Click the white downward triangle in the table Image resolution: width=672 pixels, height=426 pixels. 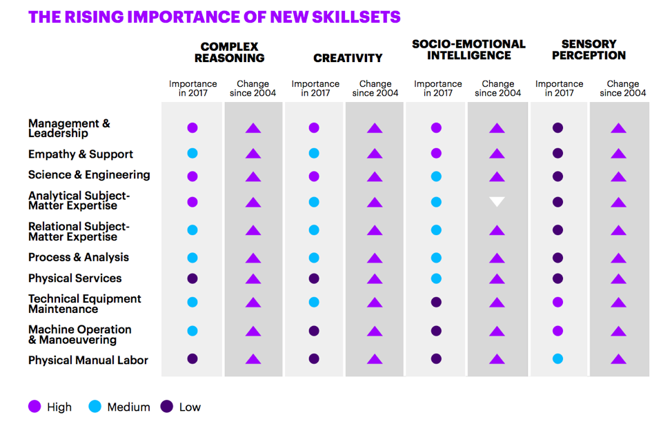(x=497, y=202)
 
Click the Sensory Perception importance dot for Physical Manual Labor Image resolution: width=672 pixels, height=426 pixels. (x=557, y=358)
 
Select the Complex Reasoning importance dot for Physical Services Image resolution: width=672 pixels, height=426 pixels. (x=192, y=278)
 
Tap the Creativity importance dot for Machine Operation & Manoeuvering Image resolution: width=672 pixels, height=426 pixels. (x=314, y=331)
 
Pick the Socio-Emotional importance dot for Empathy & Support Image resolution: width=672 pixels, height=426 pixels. (x=436, y=153)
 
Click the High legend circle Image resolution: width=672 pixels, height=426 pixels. (x=34, y=407)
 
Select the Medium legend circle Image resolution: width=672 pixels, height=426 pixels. (x=95, y=407)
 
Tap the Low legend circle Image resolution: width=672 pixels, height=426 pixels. (x=167, y=407)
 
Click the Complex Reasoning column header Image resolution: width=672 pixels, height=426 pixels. (x=229, y=52)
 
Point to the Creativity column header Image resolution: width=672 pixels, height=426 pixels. (x=348, y=59)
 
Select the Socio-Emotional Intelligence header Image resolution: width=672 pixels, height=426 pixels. (x=468, y=50)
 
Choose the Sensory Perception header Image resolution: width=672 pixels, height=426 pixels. (x=589, y=50)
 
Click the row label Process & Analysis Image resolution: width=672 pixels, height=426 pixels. (x=79, y=257)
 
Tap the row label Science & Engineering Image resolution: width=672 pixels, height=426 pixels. (x=89, y=174)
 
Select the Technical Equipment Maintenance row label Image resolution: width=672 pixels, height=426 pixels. (x=84, y=304)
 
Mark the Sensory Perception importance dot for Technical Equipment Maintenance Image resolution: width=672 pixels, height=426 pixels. (x=557, y=302)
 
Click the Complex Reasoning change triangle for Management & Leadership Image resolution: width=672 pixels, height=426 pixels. (x=253, y=128)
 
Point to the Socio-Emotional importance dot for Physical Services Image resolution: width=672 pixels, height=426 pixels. (x=436, y=278)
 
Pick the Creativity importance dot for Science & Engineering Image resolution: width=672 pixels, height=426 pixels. (x=314, y=176)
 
